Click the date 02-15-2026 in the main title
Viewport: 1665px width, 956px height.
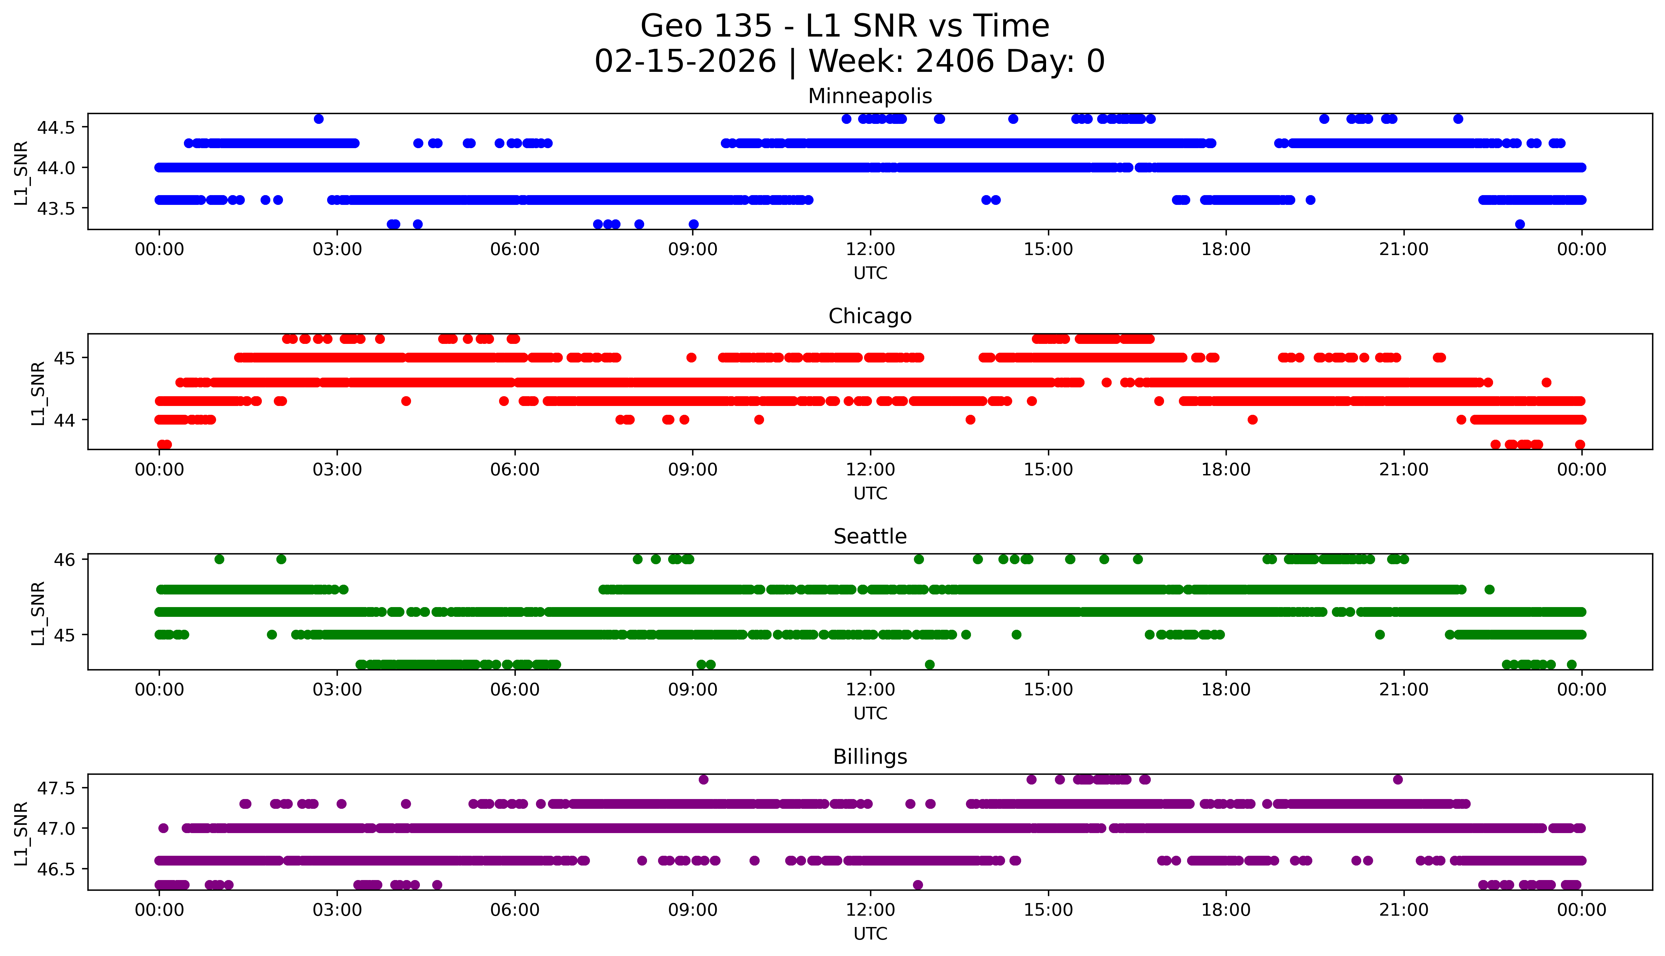[685, 62]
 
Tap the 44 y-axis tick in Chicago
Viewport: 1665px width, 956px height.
[66, 420]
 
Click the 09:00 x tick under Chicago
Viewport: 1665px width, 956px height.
[692, 470]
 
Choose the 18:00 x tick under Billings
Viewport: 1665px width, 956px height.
[1226, 911]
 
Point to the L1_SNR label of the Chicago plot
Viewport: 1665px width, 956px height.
[38, 393]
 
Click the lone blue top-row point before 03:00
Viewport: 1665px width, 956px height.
[319, 119]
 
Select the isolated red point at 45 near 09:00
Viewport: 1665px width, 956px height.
[691, 358]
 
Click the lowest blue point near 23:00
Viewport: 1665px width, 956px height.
[1520, 224]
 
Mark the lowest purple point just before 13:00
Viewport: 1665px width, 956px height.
[918, 885]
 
